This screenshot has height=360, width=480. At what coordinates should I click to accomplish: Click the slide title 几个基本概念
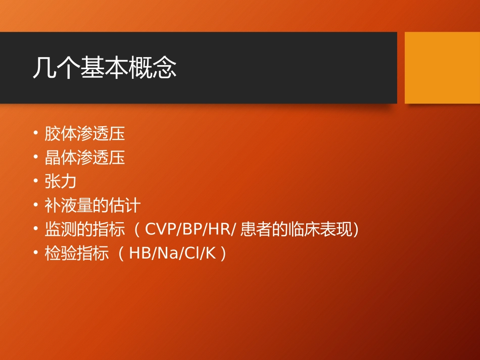click(x=105, y=68)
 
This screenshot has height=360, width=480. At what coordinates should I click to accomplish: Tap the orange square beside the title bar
click(x=442, y=67)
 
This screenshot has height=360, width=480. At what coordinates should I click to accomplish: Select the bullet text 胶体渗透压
click(x=84, y=134)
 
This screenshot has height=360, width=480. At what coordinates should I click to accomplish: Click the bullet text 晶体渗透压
click(x=84, y=158)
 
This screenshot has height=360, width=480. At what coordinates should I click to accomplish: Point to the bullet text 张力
click(x=60, y=182)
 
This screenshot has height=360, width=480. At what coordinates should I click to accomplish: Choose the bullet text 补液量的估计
click(x=92, y=205)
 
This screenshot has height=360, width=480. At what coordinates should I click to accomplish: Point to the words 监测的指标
click(x=84, y=230)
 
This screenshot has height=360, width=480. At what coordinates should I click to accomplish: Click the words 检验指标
click(x=76, y=253)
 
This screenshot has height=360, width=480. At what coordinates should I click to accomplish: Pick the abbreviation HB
click(x=138, y=253)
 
